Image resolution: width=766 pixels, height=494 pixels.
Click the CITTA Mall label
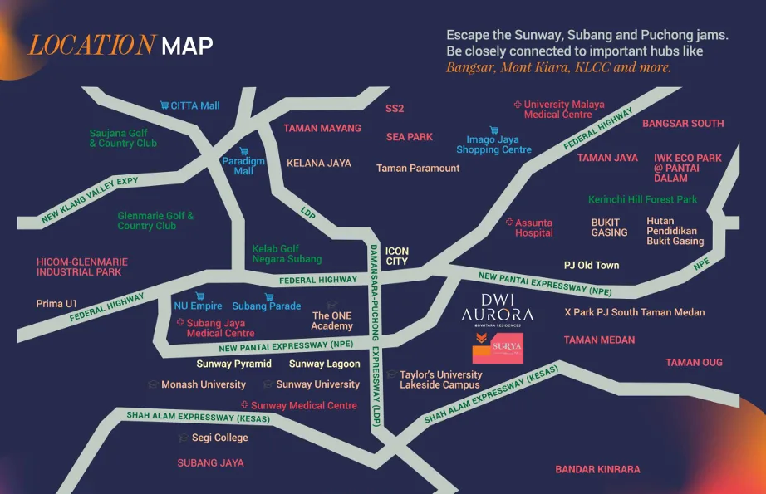(x=195, y=105)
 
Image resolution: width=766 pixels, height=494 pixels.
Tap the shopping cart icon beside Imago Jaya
(x=493, y=130)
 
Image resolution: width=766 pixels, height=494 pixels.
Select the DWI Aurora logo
(x=498, y=308)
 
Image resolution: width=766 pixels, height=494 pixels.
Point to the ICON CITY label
(x=397, y=256)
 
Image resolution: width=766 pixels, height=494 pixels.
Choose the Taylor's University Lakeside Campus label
(x=440, y=380)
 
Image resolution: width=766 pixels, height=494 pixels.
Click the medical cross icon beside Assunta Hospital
(x=509, y=223)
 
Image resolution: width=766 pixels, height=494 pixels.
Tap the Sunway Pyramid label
(x=233, y=364)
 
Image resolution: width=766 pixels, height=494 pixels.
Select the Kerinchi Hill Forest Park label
(x=642, y=199)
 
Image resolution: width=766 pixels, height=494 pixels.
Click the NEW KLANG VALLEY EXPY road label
(x=91, y=203)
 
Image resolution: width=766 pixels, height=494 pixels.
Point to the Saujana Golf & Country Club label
(x=123, y=138)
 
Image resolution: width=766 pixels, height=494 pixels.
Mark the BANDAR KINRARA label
(x=597, y=469)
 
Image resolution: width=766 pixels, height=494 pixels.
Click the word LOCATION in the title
(x=91, y=45)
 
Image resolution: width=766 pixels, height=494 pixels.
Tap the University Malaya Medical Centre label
(x=563, y=110)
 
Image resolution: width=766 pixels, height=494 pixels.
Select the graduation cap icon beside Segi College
(x=184, y=438)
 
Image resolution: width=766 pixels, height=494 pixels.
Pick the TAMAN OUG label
(x=694, y=362)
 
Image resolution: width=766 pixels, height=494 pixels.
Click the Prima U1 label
(x=56, y=304)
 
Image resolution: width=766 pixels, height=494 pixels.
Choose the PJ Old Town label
(x=591, y=265)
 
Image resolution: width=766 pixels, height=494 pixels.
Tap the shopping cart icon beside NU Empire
(x=199, y=296)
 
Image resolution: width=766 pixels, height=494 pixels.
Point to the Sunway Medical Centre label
(x=303, y=405)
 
